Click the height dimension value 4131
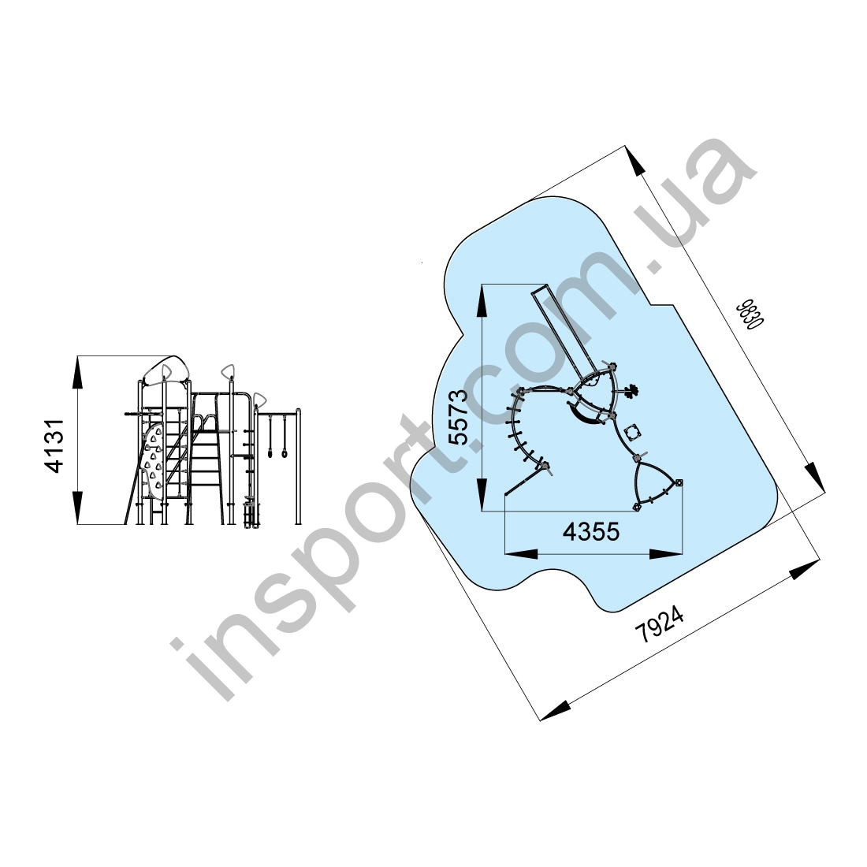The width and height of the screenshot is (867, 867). click(55, 445)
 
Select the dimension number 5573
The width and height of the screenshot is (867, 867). click(459, 418)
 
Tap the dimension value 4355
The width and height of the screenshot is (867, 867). click(591, 532)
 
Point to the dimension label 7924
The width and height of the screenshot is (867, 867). click(660, 625)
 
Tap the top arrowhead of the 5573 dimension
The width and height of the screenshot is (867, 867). click(482, 301)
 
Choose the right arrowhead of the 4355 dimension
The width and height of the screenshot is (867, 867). click(666, 553)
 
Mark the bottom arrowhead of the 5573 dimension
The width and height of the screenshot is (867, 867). click(482, 494)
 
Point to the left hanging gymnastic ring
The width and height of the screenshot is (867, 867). click(271, 453)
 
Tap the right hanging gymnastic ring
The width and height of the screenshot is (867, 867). click(285, 453)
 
